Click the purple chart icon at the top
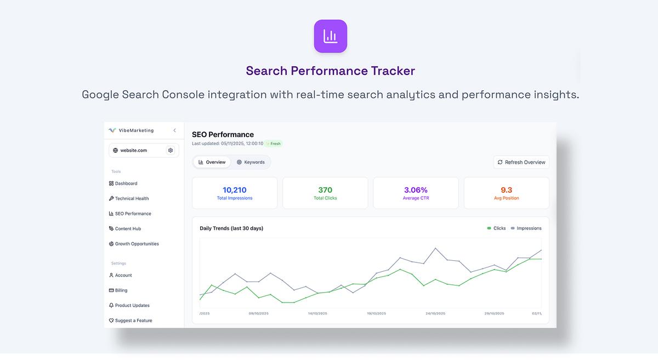[x=330, y=36]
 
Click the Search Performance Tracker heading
[x=330, y=71]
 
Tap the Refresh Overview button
[x=521, y=162]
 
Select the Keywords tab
[x=251, y=162]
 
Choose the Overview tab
[x=212, y=162]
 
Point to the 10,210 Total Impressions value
[x=235, y=190]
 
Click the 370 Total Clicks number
[x=325, y=190]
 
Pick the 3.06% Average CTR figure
[x=416, y=190]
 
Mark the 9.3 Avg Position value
[x=506, y=190]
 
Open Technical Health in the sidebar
[x=132, y=198]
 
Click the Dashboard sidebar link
[x=126, y=184]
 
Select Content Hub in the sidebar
[x=128, y=228]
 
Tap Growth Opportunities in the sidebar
[x=137, y=244]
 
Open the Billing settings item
[x=121, y=290]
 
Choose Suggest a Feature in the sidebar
[x=133, y=321]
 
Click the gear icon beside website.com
[x=171, y=150]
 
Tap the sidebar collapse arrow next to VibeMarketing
[x=174, y=130]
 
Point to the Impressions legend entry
[x=526, y=228]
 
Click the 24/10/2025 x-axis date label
[x=435, y=313]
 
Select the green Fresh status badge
[x=274, y=144]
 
